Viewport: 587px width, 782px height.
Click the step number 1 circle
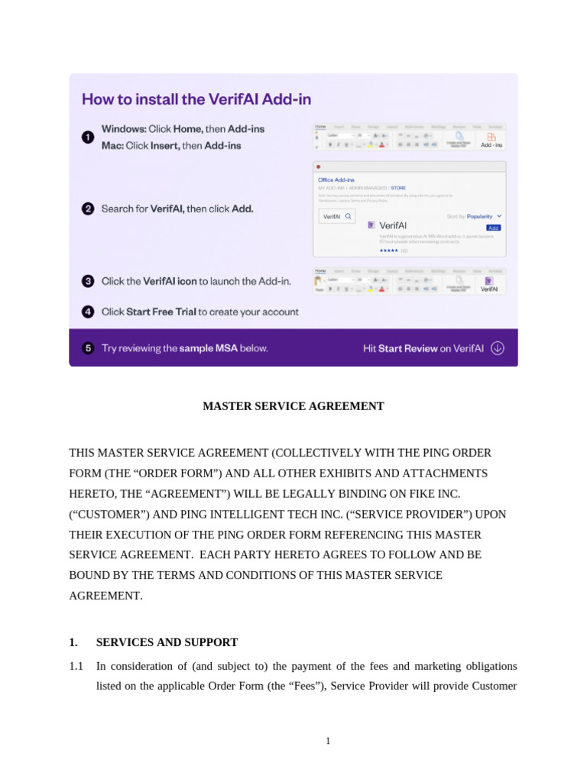[88, 137]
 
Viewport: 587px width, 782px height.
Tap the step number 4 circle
[88, 312]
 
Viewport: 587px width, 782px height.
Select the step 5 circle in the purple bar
[88, 348]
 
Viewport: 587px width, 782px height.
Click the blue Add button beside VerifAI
[493, 228]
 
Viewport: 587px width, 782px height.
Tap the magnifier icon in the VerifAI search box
[349, 217]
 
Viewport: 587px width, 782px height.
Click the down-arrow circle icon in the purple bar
[498, 348]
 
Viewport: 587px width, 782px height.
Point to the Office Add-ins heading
[336, 179]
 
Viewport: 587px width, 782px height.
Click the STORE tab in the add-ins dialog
[398, 187]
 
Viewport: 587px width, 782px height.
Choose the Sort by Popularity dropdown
[474, 216]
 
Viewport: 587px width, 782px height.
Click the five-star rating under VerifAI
[388, 250]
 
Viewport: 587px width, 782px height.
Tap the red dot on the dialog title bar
[318, 166]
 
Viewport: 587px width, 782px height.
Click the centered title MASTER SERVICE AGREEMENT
[293, 406]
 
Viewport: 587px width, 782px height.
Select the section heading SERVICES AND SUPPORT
[167, 642]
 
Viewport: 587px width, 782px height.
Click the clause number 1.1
[76, 666]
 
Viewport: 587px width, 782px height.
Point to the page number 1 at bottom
[328, 741]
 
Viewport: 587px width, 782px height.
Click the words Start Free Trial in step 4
[161, 312]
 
